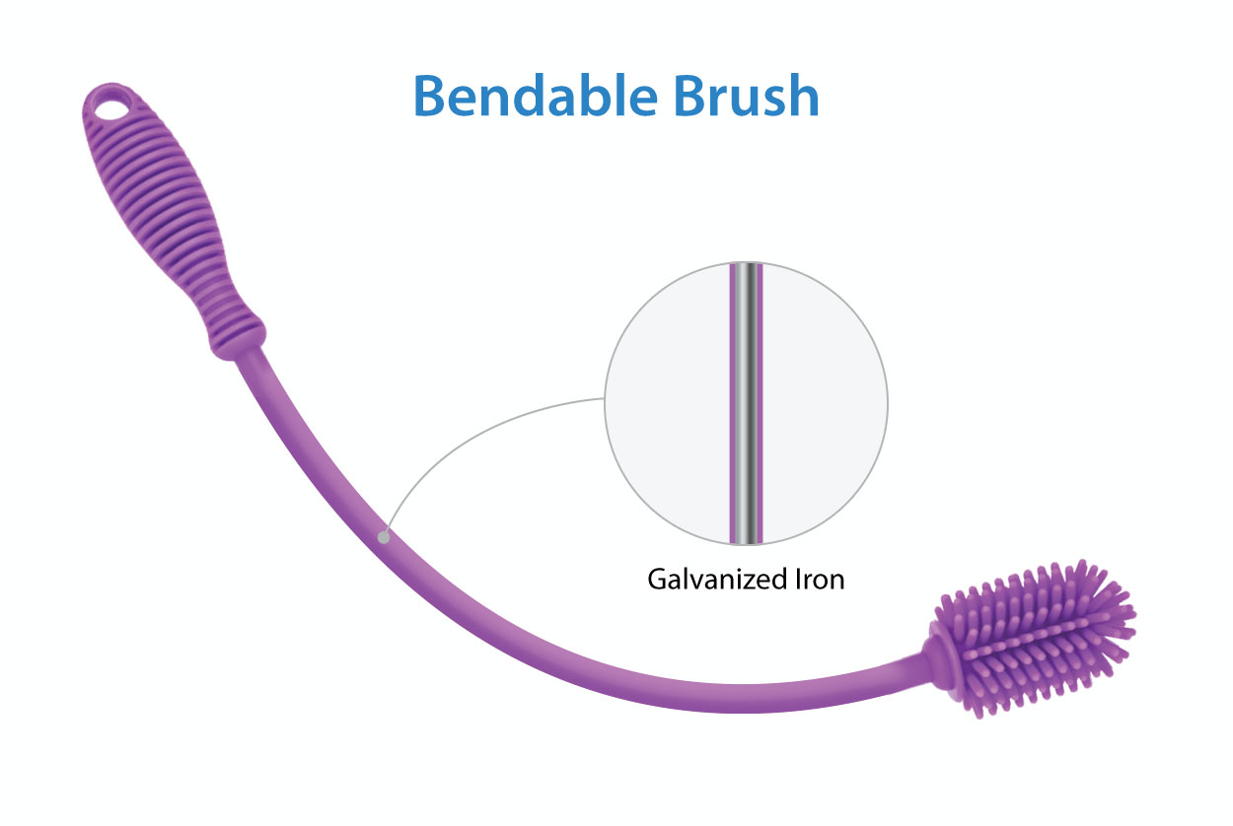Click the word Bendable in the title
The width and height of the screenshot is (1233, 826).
coord(536,96)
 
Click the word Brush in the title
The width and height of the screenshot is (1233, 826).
coord(747,96)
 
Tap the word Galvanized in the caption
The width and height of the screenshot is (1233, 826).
coord(717,581)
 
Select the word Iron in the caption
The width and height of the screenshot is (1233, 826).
coord(820,580)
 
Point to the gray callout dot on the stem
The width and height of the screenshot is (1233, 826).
coord(384,537)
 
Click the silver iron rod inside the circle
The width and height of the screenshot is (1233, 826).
coord(746,404)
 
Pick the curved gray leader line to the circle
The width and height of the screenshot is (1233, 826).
coord(473,428)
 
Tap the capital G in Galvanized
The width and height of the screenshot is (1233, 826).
coord(658,580)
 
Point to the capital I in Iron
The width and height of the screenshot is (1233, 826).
coord(798,580)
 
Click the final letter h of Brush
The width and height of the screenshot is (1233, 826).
coord(804,95)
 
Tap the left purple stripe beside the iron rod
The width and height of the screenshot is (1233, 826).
coord(733,404)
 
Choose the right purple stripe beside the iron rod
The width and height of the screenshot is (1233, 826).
coord(760,404)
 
